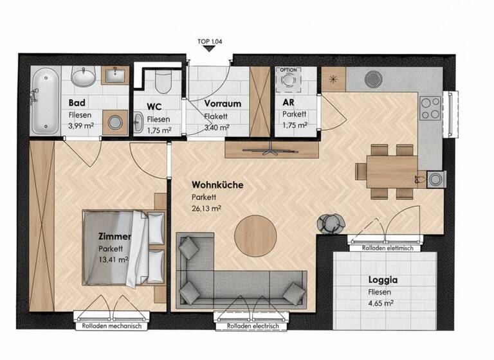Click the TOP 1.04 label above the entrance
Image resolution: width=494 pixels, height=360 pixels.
coord(212,42)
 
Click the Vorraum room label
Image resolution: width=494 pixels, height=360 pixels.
coord(223,104)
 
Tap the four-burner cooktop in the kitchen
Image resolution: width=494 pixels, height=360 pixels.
coord(429,107)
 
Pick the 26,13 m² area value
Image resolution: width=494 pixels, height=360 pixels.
coord(206,208)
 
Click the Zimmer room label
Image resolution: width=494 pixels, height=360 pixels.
coord(115,237)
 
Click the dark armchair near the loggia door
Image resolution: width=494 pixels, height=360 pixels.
coord(331,222)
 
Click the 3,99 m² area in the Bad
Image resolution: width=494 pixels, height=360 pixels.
coord(82,126)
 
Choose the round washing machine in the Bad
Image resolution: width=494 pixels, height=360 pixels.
coord(116,122)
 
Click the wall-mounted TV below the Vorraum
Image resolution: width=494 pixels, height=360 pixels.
coord(271,150)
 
